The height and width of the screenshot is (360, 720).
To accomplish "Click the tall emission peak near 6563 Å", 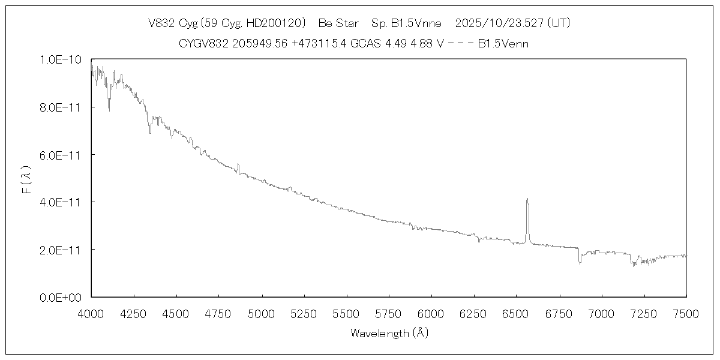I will [x=527, y=200].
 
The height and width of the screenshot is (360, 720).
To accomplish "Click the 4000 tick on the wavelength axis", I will [x=91, y=313].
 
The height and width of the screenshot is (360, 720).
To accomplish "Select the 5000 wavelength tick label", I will [x=261, y=313].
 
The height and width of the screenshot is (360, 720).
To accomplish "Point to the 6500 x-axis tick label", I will [x=516, y=313].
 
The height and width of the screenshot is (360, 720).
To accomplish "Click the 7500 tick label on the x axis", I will [x=686, y=313].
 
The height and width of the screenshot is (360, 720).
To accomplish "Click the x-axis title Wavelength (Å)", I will [x=389, y=333].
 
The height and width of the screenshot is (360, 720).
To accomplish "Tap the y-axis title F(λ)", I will [x=27, y=179].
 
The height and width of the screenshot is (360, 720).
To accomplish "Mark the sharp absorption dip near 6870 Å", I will [x=580, y=262].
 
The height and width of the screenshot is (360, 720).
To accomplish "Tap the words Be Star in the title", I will [x=338, y=23].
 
